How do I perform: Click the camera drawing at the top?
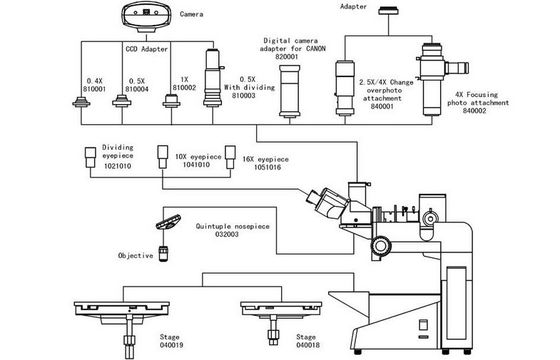146,16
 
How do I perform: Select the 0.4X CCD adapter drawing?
81,102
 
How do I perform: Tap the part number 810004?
136,89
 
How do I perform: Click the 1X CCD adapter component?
171,101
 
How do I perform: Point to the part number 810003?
244,95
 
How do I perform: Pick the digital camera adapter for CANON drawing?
290,91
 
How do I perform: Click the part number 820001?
287,56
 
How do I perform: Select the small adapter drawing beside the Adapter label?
389,10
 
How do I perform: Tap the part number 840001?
382,106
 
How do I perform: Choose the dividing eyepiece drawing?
90,157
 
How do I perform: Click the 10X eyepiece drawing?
163,156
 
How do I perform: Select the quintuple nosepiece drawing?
168,221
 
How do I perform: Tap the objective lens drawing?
164,253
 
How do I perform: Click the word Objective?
135,255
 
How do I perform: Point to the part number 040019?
171,345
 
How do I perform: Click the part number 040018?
308,345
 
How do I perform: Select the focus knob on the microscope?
381,245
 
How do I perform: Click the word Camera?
191,14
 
